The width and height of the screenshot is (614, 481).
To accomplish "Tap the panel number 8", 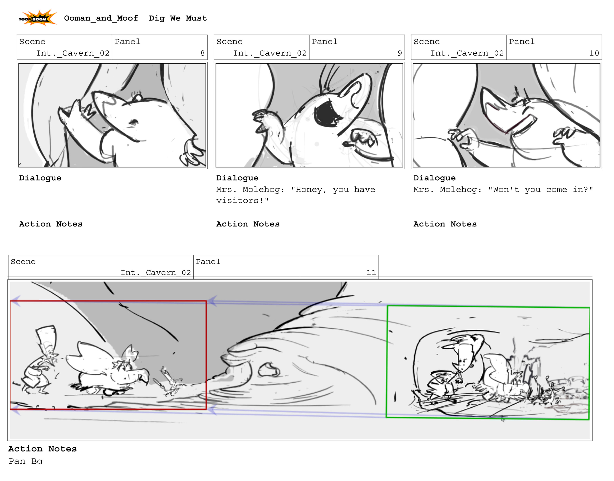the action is coord(202,53).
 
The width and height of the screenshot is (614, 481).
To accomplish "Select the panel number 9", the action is coord(399,53).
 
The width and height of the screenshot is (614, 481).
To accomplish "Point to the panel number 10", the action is coord(594,53).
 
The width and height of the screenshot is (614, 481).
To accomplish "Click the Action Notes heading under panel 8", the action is coord(51,224).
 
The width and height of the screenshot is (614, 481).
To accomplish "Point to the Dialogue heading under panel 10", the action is coord(434,178).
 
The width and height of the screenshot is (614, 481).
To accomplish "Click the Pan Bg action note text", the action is coord(25,461).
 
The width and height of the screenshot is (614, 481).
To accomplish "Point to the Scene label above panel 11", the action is coord(23,262).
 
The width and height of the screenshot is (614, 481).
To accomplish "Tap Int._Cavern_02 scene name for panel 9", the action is coord(270,53).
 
